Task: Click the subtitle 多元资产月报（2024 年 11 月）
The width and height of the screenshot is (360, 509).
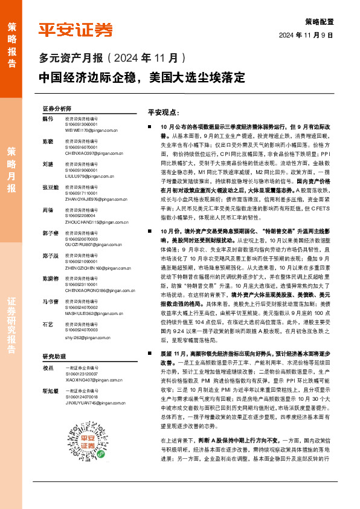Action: [x=112, y=59]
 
